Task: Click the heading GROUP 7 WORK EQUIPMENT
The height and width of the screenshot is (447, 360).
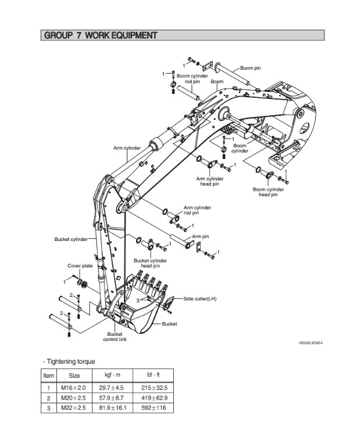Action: (100, 36)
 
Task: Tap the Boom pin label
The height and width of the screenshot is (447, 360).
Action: (251, 68)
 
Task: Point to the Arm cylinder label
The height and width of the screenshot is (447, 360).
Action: (127, 148)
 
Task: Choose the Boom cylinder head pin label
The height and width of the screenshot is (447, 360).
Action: (268, 192)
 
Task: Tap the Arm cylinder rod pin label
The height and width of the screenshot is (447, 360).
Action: (197, 210)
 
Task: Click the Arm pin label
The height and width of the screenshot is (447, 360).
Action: (201, 236)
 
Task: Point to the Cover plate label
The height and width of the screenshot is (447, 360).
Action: (80, 265)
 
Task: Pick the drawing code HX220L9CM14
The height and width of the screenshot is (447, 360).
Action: (311, 343)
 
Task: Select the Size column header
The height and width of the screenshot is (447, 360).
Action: (74, 376)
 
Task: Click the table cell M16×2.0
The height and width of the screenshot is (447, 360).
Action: (74, 387)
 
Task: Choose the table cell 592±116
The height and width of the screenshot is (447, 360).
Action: (154, 407)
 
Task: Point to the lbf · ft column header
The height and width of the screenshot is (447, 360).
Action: (154, 376)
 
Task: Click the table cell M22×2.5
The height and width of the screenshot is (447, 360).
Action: (74, 407)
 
